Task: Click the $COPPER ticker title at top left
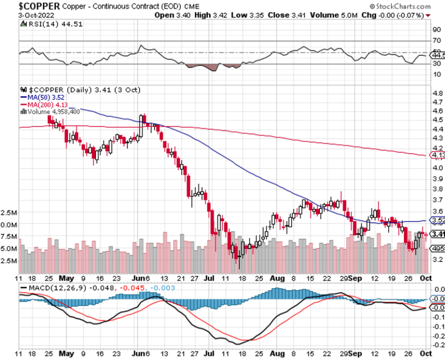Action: click(x=32, y=6)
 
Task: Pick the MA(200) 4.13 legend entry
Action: click(x=42, y=104)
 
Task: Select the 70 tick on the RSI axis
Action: click(x=437, y=41)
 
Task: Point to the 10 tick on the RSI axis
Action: click(x=437, y=74)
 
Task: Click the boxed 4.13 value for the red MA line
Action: click(x=438, y=155)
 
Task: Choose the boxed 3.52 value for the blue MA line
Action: click(x=438, y=220)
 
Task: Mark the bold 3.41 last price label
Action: click(x=438, y=234)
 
